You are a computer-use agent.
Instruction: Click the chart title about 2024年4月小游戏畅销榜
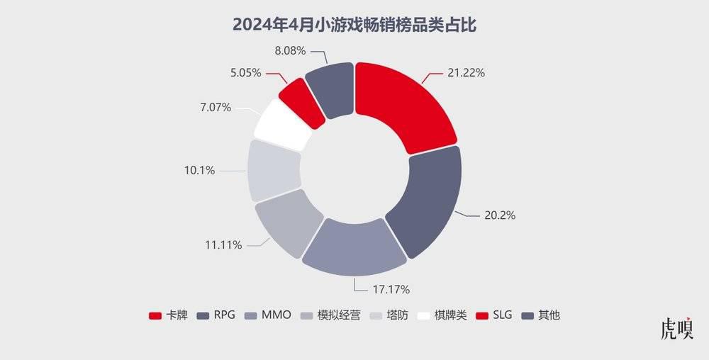tap(354, 25)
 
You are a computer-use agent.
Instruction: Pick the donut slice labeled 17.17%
tap(354, 247)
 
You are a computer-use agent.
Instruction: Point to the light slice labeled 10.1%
tap(274, 170)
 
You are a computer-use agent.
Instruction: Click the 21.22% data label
tap(466, 73)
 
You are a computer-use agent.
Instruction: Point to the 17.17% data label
tap(391, 289)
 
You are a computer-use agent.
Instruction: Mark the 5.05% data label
tap(245, 72)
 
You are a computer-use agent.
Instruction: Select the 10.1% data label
tap(199, 170)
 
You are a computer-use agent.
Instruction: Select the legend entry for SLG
tap(493, 315)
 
